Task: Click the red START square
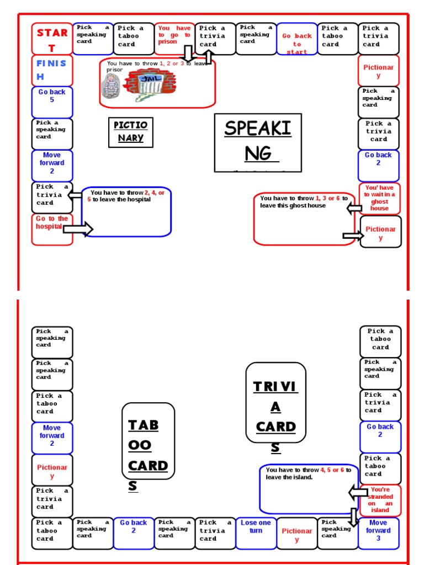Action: tap(52, 39)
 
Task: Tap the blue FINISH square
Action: tap(52, 70)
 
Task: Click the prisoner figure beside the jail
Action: tap(110, 86)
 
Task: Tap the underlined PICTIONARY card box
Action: tap(130, 131)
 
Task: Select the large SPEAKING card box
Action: tap(258, 142)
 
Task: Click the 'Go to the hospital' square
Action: tap(51, 228)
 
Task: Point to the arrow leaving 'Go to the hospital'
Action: tap(78, 228)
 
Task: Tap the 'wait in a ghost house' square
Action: tap(380, 198)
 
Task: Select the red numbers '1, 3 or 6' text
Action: tap(328, 198)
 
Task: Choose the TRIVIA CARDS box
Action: tap(275, 402)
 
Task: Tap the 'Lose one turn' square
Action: tap(256, 533)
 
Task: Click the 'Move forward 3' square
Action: tap(379, 533)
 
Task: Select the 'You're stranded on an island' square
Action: tap(380, 500)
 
